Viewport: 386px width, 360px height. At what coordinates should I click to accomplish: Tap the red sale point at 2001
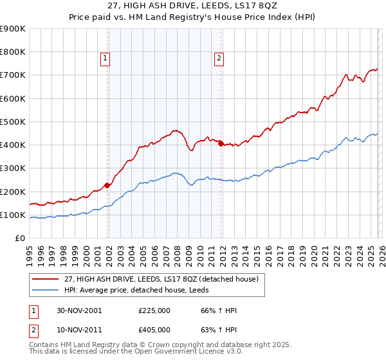[x=107, y=185]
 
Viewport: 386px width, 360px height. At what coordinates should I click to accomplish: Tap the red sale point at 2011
[x=221, y=144]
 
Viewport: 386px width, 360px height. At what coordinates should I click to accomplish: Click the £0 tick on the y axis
[x=19, y=239]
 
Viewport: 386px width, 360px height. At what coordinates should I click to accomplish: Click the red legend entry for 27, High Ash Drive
[x=161, y=279]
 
